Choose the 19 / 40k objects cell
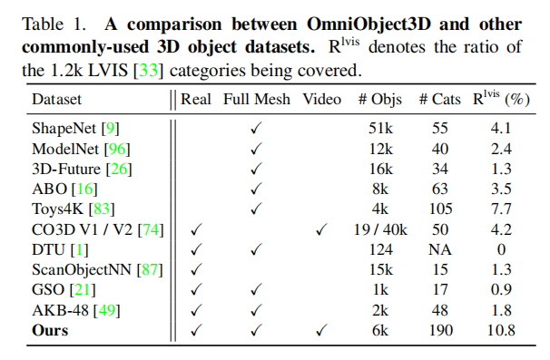(x=376, y=229)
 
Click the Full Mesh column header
(x=257, y=99)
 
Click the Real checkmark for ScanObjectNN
(x=194, y=269)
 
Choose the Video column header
(x=322, y=99)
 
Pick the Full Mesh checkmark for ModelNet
(x=257, y=148)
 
